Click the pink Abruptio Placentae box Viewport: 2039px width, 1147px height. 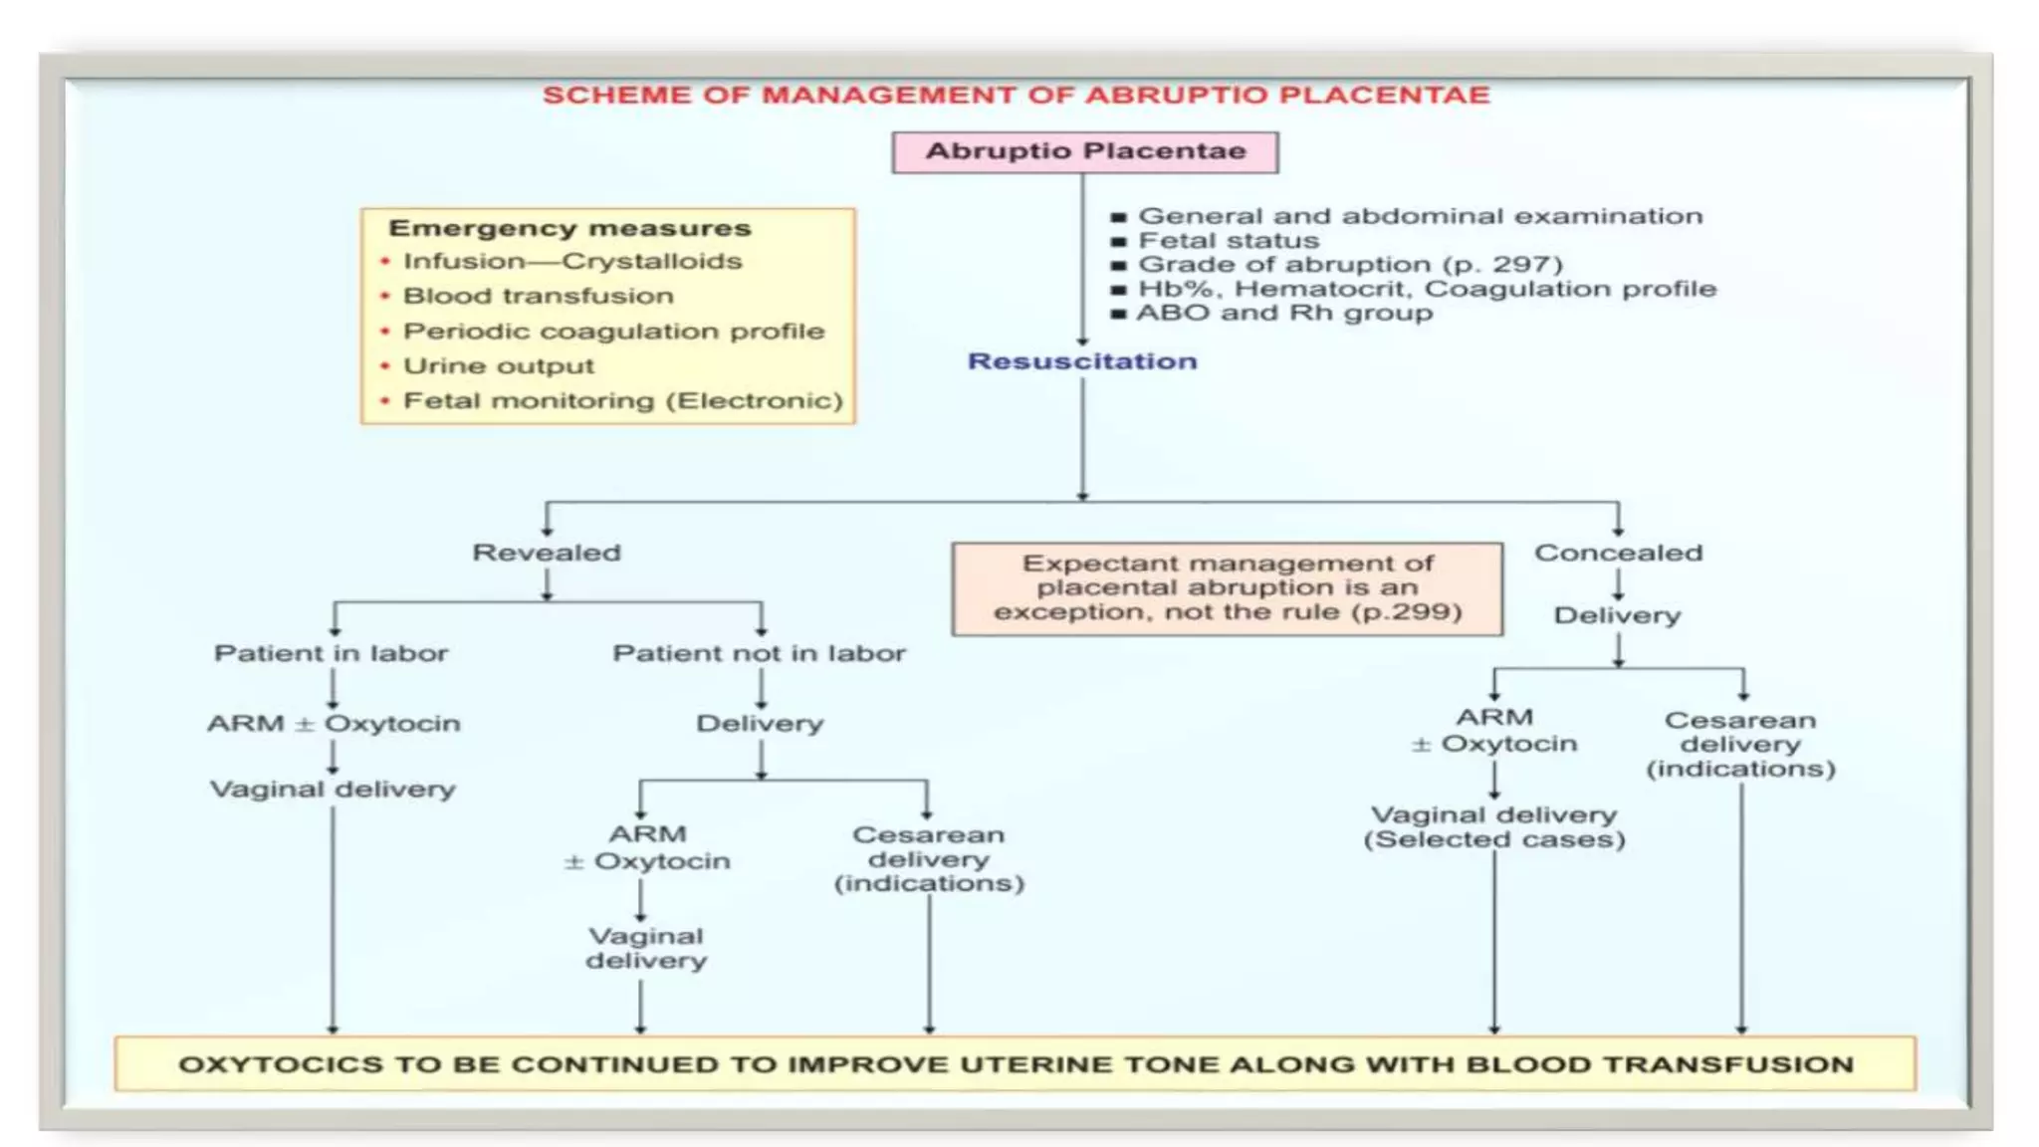tap(1085, 152)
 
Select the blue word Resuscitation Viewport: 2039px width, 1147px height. tap(1082, 361)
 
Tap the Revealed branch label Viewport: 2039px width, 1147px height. tap(547, 553)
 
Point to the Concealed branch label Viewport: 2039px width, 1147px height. tap(1619, 553)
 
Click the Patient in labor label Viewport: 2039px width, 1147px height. tap(332, 653)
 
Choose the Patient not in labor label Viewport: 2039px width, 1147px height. tap(760, 653)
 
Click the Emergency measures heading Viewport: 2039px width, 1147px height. tap(569, 228)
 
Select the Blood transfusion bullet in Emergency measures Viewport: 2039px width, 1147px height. tap(538, 296)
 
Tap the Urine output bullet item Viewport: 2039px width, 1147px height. tap(498, 365)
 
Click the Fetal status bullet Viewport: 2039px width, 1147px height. tap(1216, 241)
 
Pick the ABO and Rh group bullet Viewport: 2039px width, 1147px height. tap(1272, 313)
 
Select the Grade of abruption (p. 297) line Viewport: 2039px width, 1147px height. tap(1337, 265)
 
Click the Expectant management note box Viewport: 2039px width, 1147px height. tap(1228, 588)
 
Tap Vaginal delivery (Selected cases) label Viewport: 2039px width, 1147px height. tap(1494, 827)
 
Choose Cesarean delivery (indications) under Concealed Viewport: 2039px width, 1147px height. tap(1740, 745)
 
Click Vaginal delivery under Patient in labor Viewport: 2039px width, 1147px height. tap(333, 790)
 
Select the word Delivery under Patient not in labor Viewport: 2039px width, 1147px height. tap(760, 724)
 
